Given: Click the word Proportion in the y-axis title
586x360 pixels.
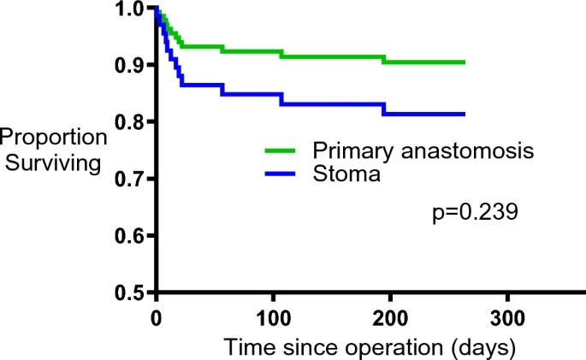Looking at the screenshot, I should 53,138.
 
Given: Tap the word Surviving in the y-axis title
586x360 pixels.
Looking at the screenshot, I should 53,161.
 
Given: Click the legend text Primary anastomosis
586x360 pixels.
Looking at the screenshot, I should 423,150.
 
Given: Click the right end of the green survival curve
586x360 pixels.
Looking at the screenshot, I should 464,62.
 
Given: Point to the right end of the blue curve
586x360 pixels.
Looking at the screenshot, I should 464,114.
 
